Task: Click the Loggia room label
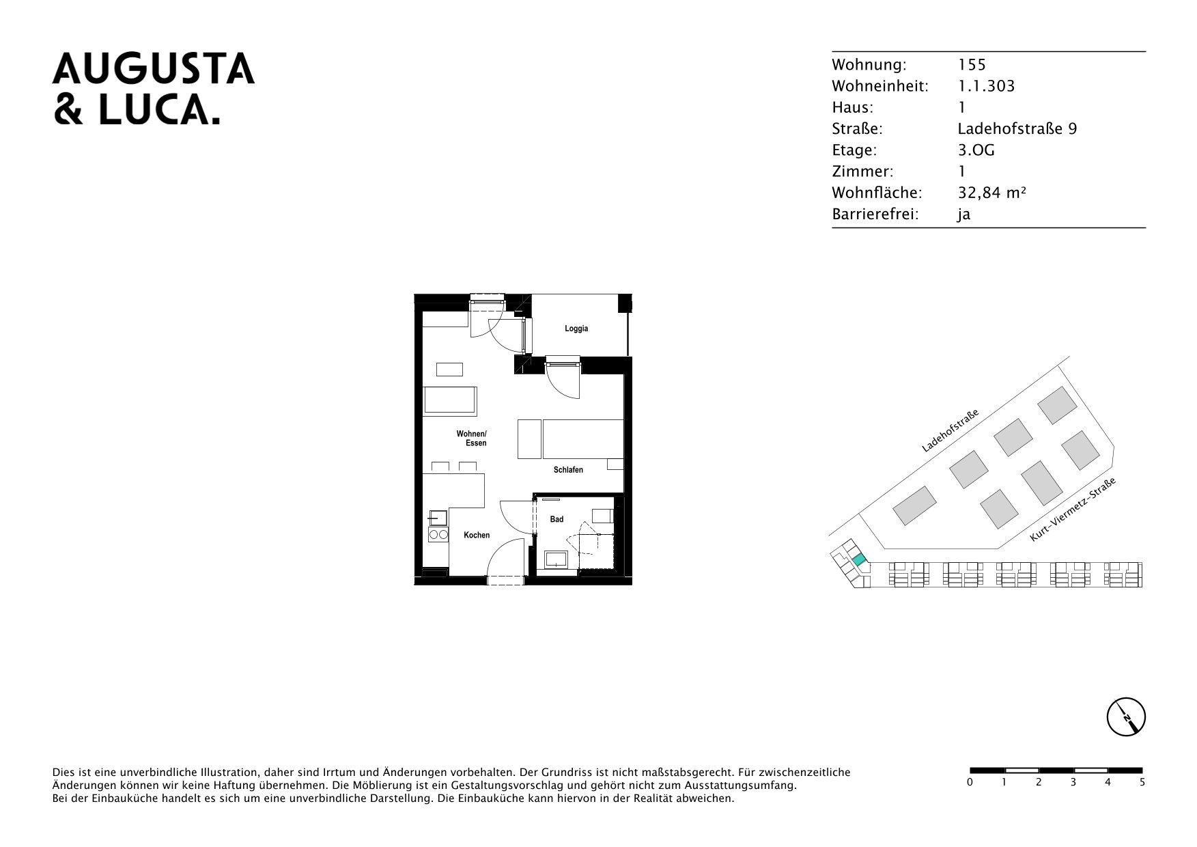576,329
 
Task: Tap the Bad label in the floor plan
557,520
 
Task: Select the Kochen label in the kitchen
477,535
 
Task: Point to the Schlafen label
568,470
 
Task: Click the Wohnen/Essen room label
472,439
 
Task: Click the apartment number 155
972,65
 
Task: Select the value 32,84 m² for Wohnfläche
992,193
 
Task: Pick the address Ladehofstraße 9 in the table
1017,128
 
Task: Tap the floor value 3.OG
976,150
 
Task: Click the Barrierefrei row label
875,214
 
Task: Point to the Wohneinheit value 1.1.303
987,86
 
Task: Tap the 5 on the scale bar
1142,782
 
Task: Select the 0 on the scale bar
970,782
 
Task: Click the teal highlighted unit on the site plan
858,561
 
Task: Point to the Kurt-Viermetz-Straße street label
1073,510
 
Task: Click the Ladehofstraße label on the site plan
950,430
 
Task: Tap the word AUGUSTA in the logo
154,69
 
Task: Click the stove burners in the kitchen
438,536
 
